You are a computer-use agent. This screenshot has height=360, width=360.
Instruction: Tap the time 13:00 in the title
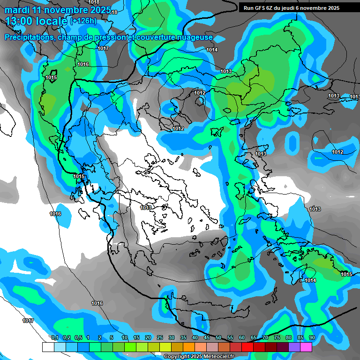coord(22,21)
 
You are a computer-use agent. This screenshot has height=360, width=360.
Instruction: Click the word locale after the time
coord(54,21)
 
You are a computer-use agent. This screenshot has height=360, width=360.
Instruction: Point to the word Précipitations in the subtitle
coord(28,37)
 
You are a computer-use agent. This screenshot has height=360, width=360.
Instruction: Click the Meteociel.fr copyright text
coord(199,357)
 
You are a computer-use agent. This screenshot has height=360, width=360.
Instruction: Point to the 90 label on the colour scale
coord(312,338)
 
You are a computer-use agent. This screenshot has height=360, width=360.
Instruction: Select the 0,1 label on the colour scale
coord(54,338)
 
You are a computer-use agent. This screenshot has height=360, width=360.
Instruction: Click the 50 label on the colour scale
coord(218,338)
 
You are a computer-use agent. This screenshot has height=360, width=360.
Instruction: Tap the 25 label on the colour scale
coord(160,338)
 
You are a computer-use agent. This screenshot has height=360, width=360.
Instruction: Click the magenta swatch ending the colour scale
coord(306,347)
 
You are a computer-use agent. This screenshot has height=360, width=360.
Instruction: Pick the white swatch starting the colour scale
coord(48,347)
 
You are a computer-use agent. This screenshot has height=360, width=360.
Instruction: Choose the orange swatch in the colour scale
coord(188,347)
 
